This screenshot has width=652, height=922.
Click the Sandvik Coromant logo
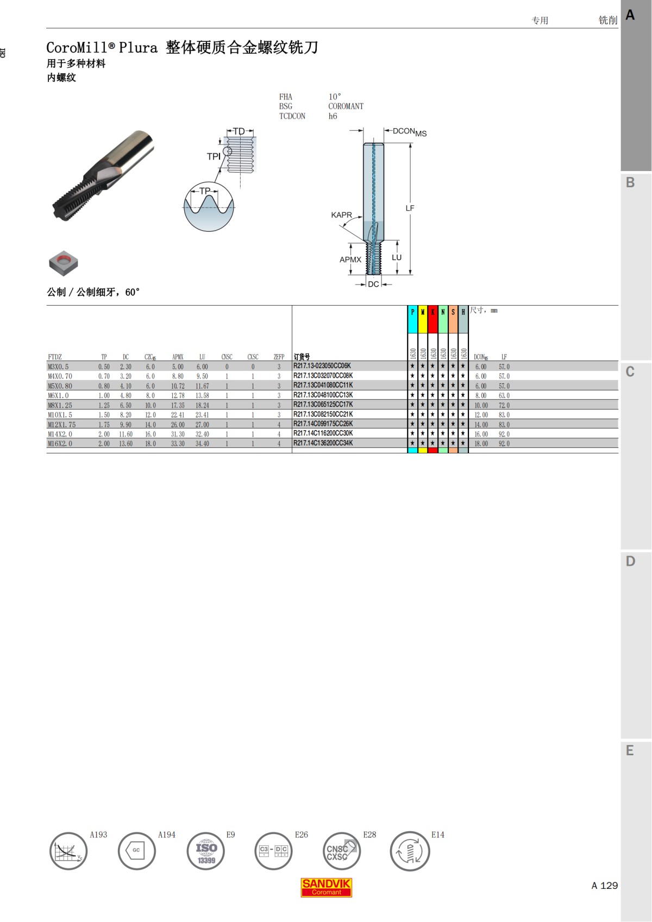click(x=326, y=887)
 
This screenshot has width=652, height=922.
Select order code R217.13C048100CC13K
click(x=323, y=395)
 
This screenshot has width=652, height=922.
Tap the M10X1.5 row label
click(x=60, y=415)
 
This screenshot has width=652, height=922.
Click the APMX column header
click(x=178, y=357)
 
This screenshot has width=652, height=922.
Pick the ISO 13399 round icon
click(x=206, y=851)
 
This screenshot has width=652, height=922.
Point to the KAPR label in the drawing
click(x=341, y=215)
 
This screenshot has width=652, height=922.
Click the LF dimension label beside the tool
click(x=410, y=208)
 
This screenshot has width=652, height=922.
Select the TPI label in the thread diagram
click(x=214, y=156)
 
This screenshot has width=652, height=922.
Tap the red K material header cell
click(x=433, y=312)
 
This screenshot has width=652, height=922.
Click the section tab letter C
click(x=630, y=372)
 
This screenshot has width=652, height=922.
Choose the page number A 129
click(x=604, y=886)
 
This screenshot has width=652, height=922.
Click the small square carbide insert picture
click(x=64, y=263)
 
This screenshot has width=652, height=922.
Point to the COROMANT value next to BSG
click(x=346, y=106)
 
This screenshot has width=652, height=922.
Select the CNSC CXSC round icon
click(x=341, y=851)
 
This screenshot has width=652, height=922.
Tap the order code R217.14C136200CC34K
click(x=323, y=443)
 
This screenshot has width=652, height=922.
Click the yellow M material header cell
click(x=423, y=312)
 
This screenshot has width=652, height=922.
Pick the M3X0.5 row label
click(x=58, y=367)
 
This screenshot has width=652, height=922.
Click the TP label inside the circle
click(x=205, y=191)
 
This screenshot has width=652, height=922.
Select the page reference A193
click(x=98, y=835)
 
